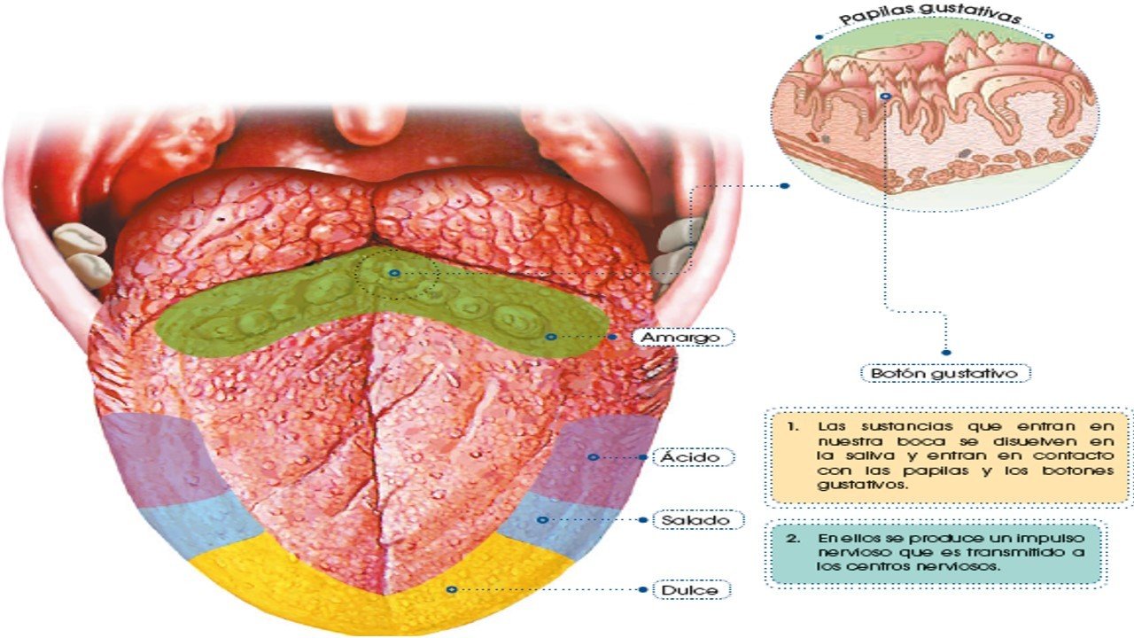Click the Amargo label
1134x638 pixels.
pos(684,338)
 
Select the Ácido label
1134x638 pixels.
pos(696,457)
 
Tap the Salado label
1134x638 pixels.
pos(697,520)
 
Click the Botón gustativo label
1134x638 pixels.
pos(945,374)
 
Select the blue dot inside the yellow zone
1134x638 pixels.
pos(452,589)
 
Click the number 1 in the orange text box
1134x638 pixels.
pos(790,426)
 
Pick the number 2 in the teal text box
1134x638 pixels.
pos(795,539)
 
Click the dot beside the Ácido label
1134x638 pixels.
pos(643,457)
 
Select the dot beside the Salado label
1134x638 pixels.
pos(644,520)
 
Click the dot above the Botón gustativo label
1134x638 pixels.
pos(945,352)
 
